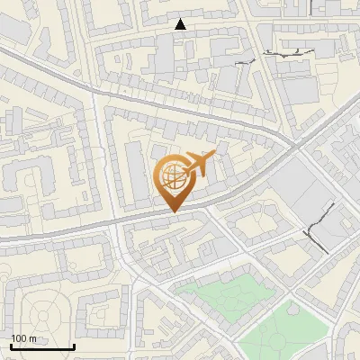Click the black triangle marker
(x=181, y=24)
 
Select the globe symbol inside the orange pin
(x=175, y=175)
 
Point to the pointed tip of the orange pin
(x=175, y=211)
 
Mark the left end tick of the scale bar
(x=11, y=346)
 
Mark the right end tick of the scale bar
(x=74, y=346)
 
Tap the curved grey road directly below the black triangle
(x=180, y=103)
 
